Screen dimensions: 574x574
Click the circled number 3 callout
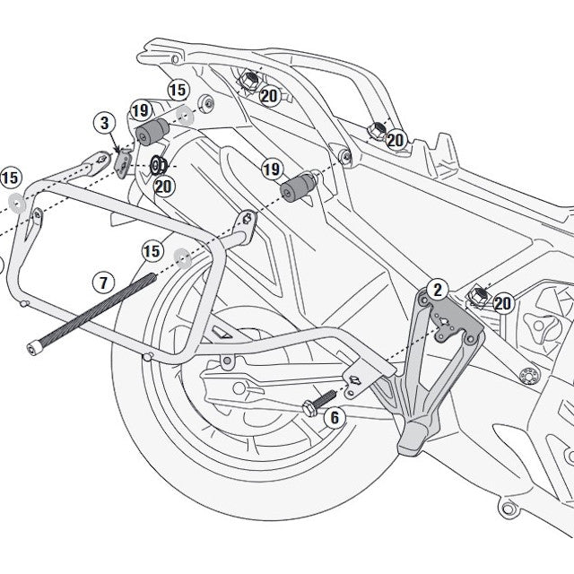coord(104,122)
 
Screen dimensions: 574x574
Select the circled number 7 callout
coord(102,283)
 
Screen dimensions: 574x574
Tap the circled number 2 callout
coord(437,289)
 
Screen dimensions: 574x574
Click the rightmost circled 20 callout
coord(502,303)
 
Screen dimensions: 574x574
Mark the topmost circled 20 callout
coord(269,96)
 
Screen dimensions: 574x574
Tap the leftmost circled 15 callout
coord(11,176)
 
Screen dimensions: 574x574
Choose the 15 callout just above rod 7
coord(152,250)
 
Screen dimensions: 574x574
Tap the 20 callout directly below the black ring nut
coord(163,186)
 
